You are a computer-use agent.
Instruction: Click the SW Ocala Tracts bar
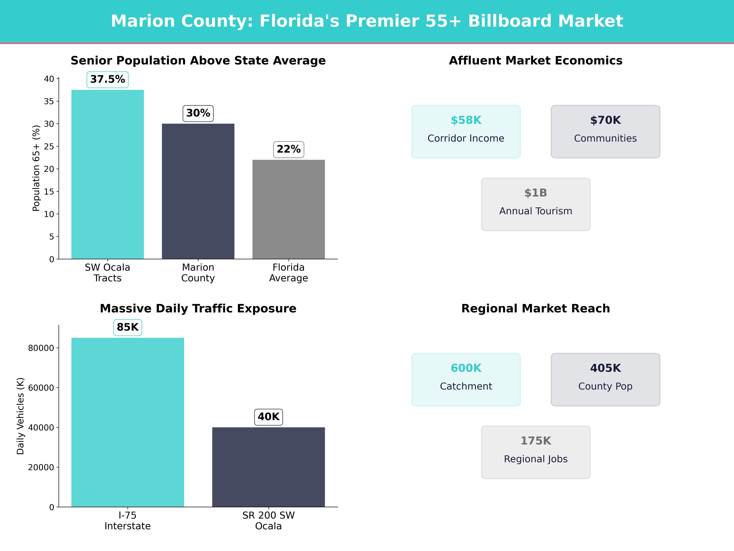(108, 174)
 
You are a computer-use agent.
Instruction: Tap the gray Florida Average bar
(289, 209)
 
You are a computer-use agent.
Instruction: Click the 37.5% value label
(108, 79)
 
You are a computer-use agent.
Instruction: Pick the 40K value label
(269, 417)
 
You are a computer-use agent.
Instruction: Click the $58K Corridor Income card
(466, 131)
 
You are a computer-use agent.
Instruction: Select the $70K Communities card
(605, 131)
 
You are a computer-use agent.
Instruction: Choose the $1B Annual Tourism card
(536, 204)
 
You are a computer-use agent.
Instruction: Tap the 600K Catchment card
(466, 379)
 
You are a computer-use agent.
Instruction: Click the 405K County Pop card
(605, 379)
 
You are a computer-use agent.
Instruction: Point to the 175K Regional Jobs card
(536, 452)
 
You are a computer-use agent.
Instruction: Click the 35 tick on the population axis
(49, 101)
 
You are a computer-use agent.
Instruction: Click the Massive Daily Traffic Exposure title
(198, 309)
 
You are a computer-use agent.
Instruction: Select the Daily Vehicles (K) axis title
(21, 416)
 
